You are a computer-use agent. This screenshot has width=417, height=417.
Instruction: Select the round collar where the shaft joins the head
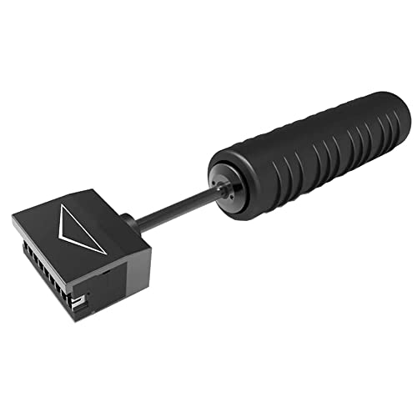pyautogui.click(x=128, y=220)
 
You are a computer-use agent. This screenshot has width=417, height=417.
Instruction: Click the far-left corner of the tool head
pyautogui.click(x=13, y=219)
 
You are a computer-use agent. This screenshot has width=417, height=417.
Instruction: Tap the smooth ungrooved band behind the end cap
pyautogui.click(x=242, y=179)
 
